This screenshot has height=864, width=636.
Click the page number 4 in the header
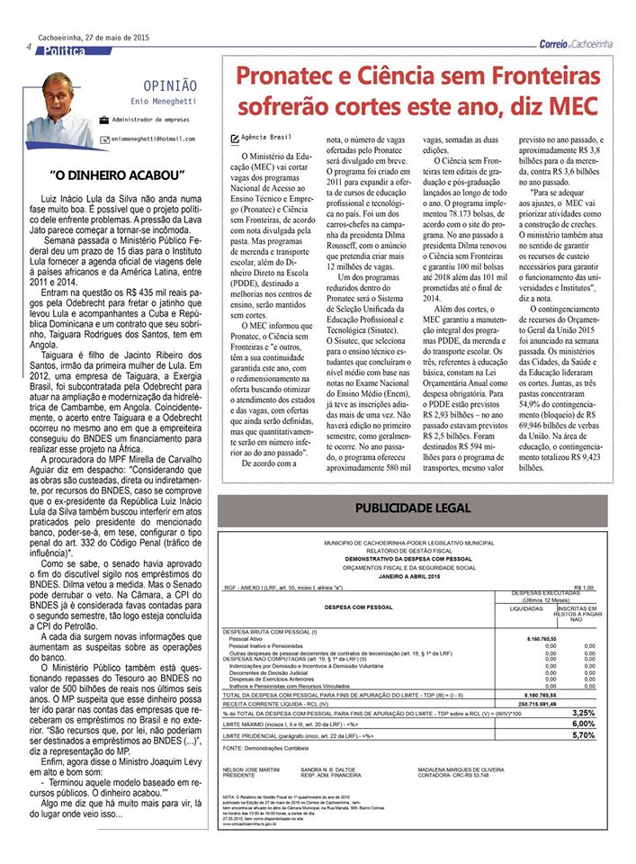[30, 47]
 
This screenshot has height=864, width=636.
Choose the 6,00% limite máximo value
[584, 723]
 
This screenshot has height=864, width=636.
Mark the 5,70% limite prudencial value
[584, 734]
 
